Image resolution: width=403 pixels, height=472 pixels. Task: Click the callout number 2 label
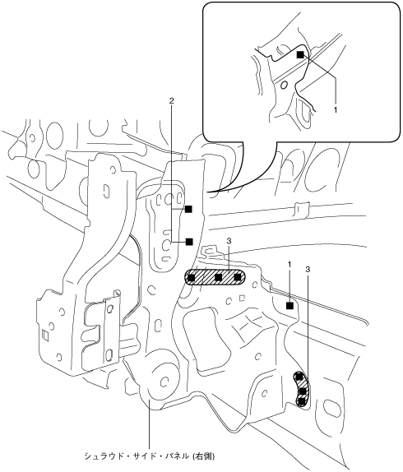pyautogui.click(x=172, y=101)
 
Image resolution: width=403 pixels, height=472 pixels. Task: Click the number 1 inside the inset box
pyautogui.click(x=336, y=110)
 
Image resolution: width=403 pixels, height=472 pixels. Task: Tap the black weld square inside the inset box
pyautogui.click(x=300, y=55)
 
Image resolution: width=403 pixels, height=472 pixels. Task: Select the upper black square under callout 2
pyautogui.click(x=188, y=209)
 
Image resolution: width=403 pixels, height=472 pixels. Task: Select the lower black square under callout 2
pyautogui.click(x=189, y=242)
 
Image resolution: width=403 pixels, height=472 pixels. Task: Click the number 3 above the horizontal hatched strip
pyautogui.click(x=229, y=241)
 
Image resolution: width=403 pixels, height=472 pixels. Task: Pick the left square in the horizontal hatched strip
pyautogui.click(x=191, y=277)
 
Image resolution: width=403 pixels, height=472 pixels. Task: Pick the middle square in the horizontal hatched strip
pyautogui.click(x=219, y=277)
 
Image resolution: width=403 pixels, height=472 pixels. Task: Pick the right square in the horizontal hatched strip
pyautogui.click(x=238, y=277)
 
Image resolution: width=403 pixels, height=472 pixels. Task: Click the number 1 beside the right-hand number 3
pyautogui.click(x=290, y=265)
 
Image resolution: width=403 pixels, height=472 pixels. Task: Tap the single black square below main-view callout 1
pyautogui.click(x=290, y=306)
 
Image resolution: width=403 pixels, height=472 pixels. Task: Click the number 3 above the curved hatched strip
pyautogui.click(x=308, y=270)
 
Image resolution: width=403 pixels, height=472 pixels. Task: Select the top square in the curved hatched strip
pyautogui.click(x=299, y=377)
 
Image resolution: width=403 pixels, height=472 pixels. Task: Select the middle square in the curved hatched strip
pyautogui.click(x=303, y=391)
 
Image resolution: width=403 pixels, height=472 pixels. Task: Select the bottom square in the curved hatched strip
pyautogui.click(x=302, y=402)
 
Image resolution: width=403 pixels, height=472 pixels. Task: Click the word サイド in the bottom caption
pyautogui.click(x=141, y=456)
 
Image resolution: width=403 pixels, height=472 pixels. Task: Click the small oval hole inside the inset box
pyautogui.click(x=284, y=86)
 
